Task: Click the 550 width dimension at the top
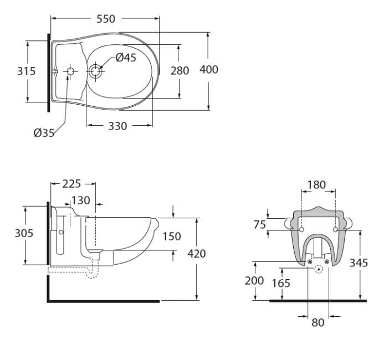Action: (105, 19)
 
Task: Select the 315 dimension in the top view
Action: (26, 71)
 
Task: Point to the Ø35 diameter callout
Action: (44, 132)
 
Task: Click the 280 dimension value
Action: (180, 70)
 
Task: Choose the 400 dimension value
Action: (209, 69)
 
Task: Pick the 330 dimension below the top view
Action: (117, 126)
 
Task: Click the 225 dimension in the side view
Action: (73, 183)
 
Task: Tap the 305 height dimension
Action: (24, 233)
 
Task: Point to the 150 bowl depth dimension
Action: (172, 236)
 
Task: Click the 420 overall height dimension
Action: (196, 253)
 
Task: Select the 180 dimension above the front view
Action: (316, 184)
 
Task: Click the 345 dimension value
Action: (359, 263)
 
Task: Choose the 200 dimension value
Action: (254, 281)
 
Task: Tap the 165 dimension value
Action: (281, 283)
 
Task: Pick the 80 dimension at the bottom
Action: (318, 322)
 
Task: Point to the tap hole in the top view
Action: (70, 71)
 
